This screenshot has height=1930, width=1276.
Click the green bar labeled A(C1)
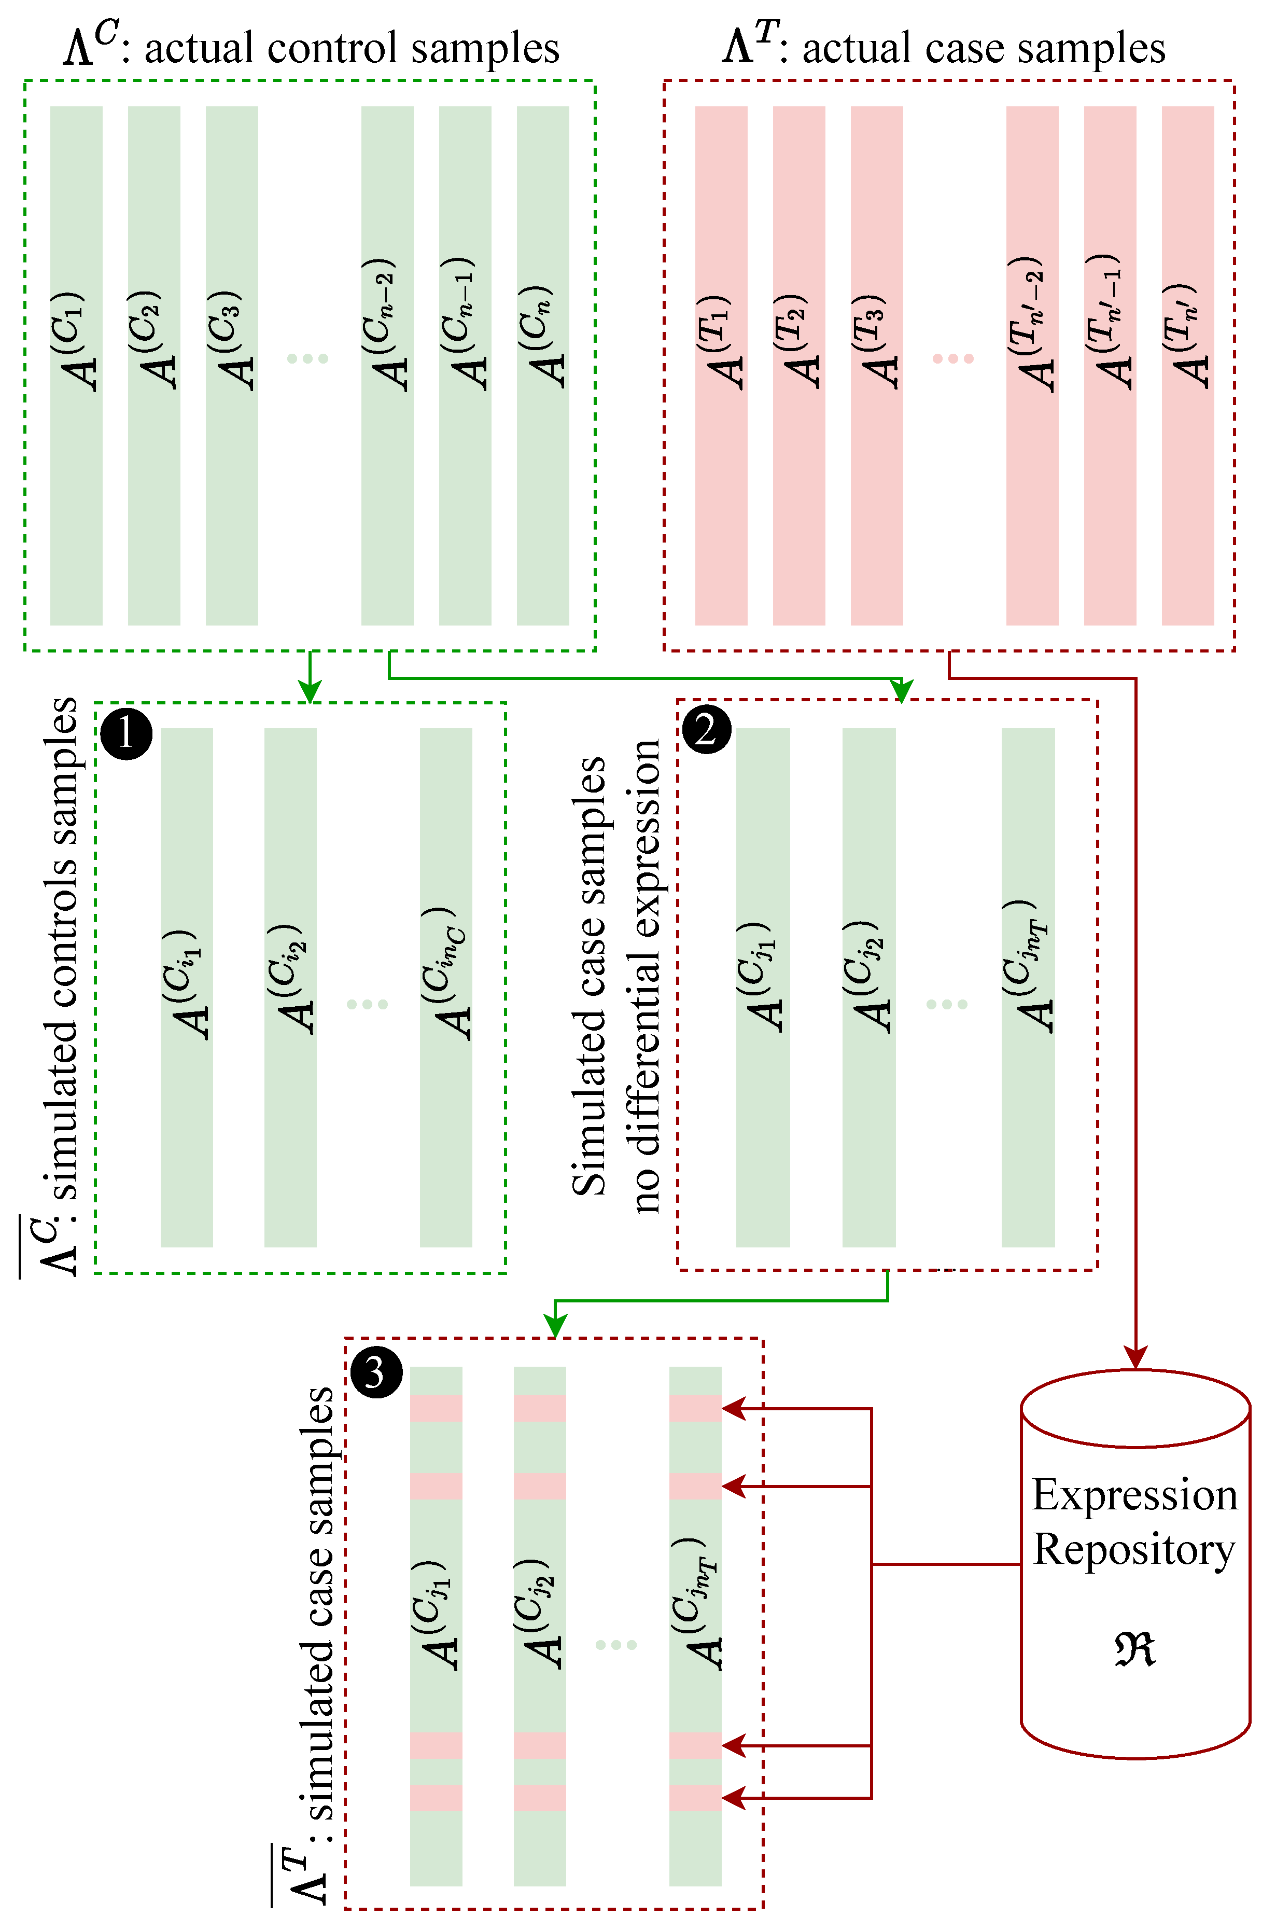[x=77, y=366]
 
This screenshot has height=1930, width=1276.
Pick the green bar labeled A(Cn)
[x=543, y=366]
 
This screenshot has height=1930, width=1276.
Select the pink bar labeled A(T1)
[x=721, y=366]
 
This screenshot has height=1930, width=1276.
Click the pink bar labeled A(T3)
[x=876, y=366]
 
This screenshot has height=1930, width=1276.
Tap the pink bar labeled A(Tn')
[x=1187, y=366]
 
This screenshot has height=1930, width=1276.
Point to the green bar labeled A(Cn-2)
[x=387, y=366]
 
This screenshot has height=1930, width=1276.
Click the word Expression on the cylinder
[x=1134, y=1494]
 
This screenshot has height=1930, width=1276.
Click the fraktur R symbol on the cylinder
[x=1134, y=1649]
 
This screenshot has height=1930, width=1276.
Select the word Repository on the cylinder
[x=1134, y=1549]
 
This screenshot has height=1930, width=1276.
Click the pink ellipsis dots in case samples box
[x=953, y=359]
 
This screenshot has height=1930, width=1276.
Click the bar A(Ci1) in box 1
[x=187, y=987]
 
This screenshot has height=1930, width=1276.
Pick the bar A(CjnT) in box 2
[x=1028, y=987]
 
